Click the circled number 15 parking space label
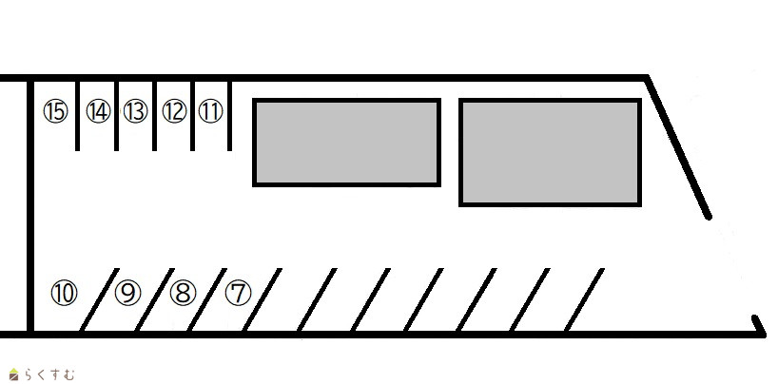point(55,112)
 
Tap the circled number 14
point(97,112)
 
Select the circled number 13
point(135,112)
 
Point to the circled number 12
point(173,112)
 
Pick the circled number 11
point(210,112)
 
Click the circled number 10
point(64,293)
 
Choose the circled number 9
point(126,293)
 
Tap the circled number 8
point(182,293)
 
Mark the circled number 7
point(238,293)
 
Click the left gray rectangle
point(346,142)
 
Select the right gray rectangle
point(550,152)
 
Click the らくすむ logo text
point(48,374)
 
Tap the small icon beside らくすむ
point(13,374)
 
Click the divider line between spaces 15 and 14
point(78,114)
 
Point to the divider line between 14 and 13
point(116,114)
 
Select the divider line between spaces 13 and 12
point(154,114)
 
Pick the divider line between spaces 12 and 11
point(192,114)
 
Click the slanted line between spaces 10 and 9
point(99,300)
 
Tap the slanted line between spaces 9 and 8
point(153,300)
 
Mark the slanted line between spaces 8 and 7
point(207,300)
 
